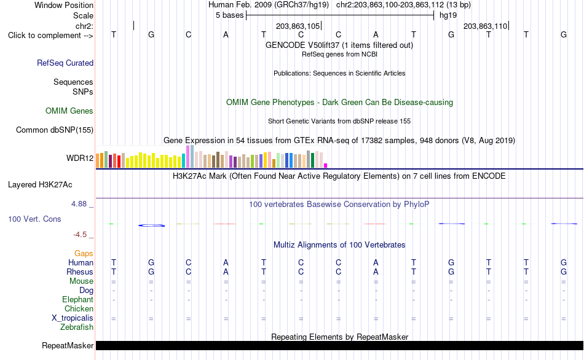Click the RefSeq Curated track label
click(x=65, y=63)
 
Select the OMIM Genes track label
click(x=69, y=111)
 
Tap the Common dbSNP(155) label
click(x=55, y=130)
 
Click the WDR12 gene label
click(x=80, y=158)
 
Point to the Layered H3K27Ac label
click(x=40, y=185)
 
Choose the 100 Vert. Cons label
click(x=34, y=219)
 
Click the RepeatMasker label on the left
click(x=68, y=345)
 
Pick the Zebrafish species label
click(x=77, y=327)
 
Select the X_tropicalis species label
click(x=73, y=318)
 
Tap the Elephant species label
click(x=78, y=300)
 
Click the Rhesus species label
click(x=80, y=272)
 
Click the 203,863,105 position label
click(x=298, y=26)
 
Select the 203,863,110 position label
click(x=485, y=26)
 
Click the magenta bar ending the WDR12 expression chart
click(x=326, y=166)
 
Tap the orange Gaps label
click(x=84, y=254)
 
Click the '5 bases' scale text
click(x=229, y=15)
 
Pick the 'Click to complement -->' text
click(x=50, y=36)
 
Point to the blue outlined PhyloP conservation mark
click(x=152, y=225)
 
